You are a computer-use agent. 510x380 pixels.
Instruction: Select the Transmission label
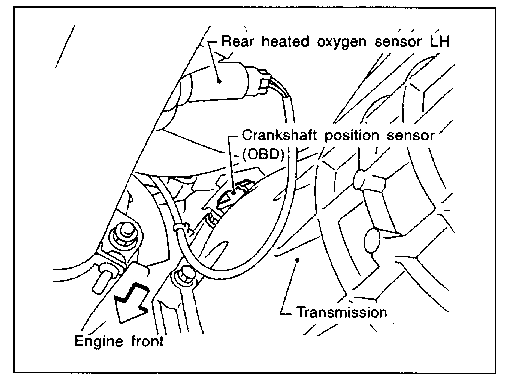click(x=342, y=313)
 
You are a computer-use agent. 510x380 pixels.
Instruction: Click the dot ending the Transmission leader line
click(x=297, y=259)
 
